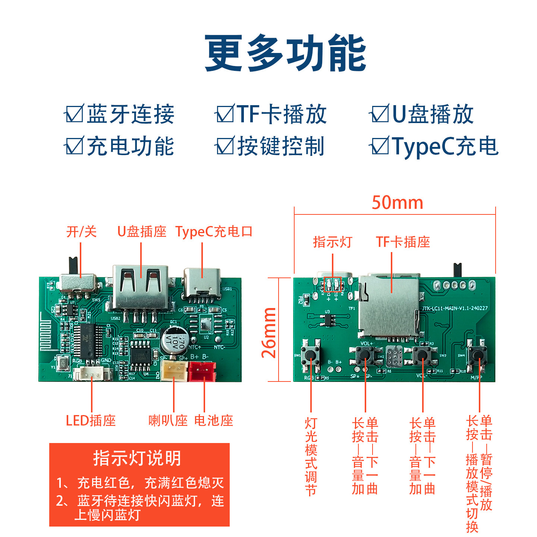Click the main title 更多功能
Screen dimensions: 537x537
coord(285,53)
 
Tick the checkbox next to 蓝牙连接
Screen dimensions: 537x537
coord(75,114)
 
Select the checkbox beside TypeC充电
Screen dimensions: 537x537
coord(380,146)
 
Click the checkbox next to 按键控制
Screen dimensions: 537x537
coord(225,146)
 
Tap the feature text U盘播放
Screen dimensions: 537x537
coord(433,114)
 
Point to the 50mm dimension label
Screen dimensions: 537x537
coord(397,203)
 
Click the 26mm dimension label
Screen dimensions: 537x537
coord(269,332)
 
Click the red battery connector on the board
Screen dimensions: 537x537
coord(202,371)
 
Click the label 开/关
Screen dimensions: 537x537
coord(81,232)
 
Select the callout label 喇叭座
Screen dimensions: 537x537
coord(168,421)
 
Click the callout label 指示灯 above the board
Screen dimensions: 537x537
coord(332,242)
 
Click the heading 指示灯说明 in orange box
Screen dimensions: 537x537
coord(137,458)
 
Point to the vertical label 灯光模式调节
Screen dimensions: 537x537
coord(311,456)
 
